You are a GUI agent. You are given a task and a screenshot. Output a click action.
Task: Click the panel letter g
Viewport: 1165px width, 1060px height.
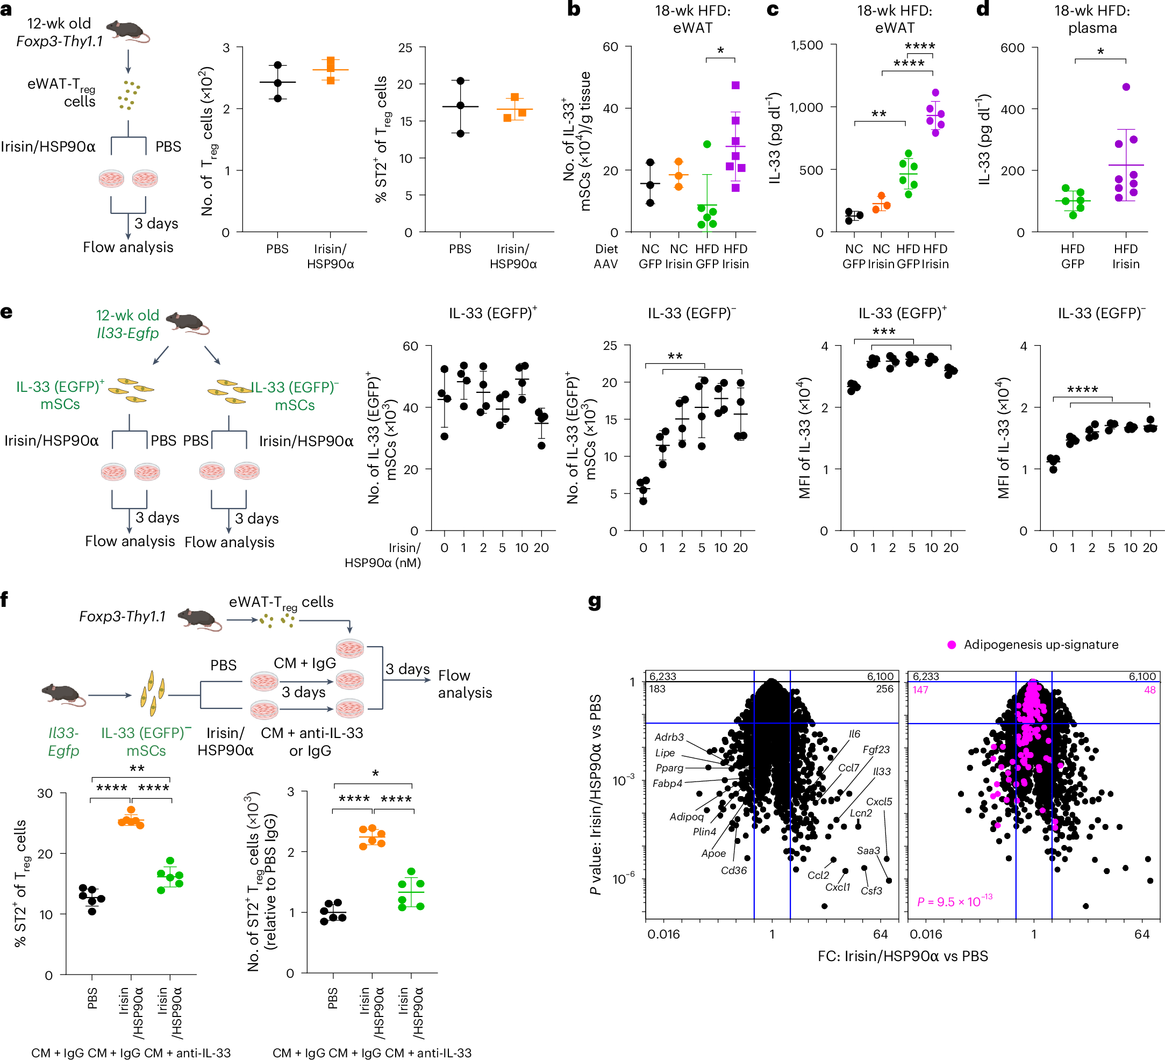(x=594, y=603)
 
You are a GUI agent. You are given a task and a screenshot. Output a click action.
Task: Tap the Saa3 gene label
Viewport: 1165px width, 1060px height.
(x=868, y=850)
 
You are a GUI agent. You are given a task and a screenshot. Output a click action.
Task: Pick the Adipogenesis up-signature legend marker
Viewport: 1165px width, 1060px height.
(x=952, y=644)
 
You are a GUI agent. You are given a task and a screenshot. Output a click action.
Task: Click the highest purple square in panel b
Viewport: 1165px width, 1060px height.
(x=735, y=85)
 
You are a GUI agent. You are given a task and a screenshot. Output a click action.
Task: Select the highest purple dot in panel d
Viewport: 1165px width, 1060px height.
(x=1126, y=87)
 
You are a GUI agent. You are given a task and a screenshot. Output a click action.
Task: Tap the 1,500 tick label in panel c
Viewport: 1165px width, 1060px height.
(x=807, y=45)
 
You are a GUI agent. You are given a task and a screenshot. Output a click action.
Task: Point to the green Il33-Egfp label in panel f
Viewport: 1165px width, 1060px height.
(x=63, y=742)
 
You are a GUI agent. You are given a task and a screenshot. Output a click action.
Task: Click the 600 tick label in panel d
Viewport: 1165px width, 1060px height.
(x=1012, y=48)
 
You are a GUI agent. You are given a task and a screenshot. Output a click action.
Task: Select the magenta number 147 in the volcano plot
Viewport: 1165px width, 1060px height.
(x=920, y=690)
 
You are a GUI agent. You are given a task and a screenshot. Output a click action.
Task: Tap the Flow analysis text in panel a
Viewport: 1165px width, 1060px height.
(x=128, y=247)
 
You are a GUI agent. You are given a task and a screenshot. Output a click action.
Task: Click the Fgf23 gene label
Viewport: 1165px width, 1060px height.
(x=876, y=749)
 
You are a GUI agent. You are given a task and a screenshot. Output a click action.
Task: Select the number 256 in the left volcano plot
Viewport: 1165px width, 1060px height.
(x=884, y=689)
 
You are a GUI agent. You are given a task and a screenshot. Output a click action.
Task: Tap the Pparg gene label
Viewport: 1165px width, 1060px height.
(x=669, y=768)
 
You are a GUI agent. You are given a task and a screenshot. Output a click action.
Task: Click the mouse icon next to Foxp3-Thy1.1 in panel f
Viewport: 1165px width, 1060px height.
(x=199, y=619)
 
